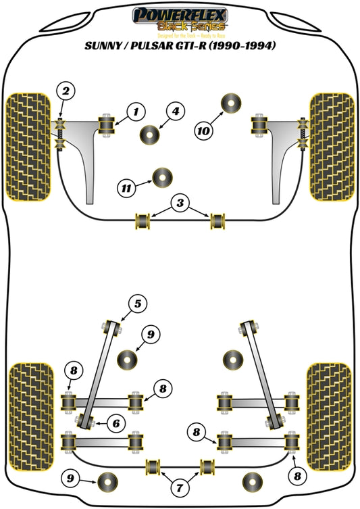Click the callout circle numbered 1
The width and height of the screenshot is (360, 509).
135,110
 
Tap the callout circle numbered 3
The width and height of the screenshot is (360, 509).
179,202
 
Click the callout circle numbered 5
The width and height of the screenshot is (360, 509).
137,304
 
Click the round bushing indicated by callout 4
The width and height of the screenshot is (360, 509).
150,133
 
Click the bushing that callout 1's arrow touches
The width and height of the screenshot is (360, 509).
106,124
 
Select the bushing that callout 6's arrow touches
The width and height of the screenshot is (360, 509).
86,422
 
